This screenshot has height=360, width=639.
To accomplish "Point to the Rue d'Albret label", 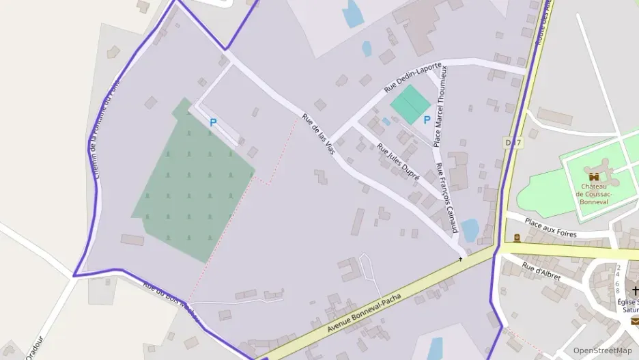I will (x=541, y=271).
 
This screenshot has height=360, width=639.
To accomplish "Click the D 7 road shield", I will (x=513, y=142).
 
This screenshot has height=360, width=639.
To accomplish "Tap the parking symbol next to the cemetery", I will (x=213, y=123).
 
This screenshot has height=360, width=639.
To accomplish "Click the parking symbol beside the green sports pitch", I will (x=427, y=120).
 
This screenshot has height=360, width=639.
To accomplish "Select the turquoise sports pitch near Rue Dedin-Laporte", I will (x=410, y=105).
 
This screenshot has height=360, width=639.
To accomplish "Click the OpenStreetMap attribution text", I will (x=602, y=350).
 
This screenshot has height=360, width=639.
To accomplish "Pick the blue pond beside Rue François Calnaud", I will (x=470, y=231).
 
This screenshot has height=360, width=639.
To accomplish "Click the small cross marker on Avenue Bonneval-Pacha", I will (x=460, y=259).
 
